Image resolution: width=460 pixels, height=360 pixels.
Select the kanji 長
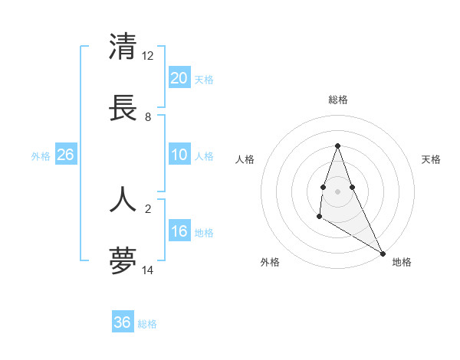[123, 107]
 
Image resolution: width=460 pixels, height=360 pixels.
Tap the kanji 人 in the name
[123, 198]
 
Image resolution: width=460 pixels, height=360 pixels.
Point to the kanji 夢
[123, 260]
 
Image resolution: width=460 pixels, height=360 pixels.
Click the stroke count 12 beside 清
[148, 56]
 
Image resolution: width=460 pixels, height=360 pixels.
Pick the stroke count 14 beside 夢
[148, 270]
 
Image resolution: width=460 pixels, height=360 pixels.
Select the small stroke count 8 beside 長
[148, 117]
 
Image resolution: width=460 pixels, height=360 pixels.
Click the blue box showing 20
[179, 77]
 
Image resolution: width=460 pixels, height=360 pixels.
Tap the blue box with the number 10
[179, 155]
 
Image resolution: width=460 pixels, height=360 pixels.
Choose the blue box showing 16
[179, 231]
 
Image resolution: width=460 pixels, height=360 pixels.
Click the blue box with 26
[66, 155]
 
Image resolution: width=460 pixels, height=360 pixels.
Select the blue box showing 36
[123, 322]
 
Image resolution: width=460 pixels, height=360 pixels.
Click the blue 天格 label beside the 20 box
[204, 80]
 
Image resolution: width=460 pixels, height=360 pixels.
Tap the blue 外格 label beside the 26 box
[41, 156]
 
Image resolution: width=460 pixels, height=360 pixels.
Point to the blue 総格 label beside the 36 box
[147, 324]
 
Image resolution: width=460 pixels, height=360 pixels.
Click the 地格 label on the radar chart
[402, 262]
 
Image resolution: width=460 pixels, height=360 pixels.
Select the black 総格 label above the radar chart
[337, 100]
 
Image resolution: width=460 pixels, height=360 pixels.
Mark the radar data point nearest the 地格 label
[383, 253]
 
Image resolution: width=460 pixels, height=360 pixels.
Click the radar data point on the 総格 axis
[337, 146]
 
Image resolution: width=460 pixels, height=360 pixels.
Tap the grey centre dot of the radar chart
[337, 191]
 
